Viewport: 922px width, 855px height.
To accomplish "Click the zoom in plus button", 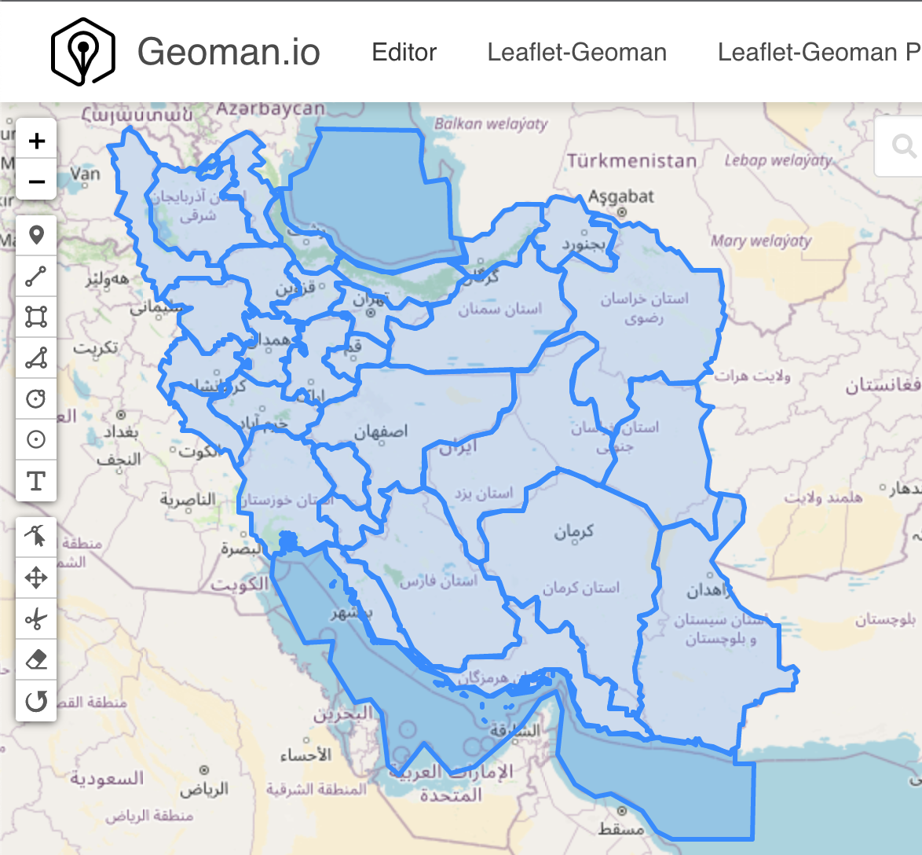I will (36, 141).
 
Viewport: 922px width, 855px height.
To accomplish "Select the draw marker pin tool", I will (36, 235).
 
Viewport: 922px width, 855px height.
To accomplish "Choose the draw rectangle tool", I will (36, 317).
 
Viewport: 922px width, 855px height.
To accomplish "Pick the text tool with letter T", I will (36, 480).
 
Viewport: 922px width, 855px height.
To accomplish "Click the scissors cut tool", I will (36, 619).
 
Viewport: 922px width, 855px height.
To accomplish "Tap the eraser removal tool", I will (36, 660).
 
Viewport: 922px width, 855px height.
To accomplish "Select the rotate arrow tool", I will (36, 701).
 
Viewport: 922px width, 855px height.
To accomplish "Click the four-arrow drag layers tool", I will (36, 578).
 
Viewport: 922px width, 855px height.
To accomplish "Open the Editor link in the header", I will (404, 53).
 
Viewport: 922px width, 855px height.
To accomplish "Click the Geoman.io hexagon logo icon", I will (82, 52).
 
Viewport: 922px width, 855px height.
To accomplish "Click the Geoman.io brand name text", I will (229, 53).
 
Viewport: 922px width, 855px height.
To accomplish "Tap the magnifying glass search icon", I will (904, 146).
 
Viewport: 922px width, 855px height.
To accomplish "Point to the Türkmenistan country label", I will (632, 161).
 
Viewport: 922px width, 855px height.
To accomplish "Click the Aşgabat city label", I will (621, 196).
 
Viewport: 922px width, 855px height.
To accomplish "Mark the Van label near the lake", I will (85, 173).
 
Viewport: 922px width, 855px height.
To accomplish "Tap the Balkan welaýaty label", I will (491, 123).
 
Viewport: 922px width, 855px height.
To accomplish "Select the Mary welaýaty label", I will (760, 240).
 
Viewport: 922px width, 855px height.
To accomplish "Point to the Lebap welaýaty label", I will (777, 160).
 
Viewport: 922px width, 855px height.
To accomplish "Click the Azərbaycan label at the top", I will (270, 109).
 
